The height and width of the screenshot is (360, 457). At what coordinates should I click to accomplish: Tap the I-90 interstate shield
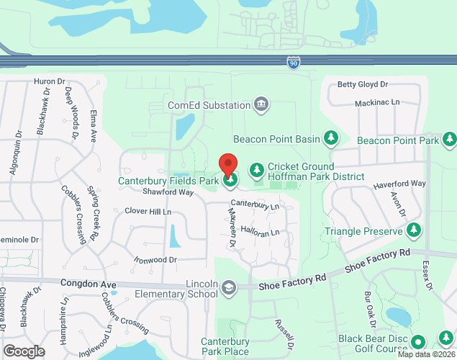pos(294,63)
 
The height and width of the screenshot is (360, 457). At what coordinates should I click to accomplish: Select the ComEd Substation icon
pos(261,105)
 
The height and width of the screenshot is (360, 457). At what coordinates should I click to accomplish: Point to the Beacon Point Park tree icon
pos(450,138)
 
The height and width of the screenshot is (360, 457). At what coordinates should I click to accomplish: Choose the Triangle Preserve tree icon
pos(414,230)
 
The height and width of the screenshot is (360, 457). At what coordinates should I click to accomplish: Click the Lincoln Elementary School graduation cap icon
pos(229,288)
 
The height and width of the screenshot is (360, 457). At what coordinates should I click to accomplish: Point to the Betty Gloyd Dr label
pos(363,84)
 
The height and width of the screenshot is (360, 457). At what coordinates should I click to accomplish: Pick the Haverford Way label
pos(399,184)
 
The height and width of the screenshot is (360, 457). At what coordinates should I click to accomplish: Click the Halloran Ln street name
pos(260,233)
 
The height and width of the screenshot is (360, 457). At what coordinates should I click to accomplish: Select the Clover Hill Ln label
pos(148,212)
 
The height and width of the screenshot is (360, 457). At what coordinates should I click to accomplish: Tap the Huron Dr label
pos(50,82)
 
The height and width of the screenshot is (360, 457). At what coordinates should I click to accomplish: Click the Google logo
pos(23,351)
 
